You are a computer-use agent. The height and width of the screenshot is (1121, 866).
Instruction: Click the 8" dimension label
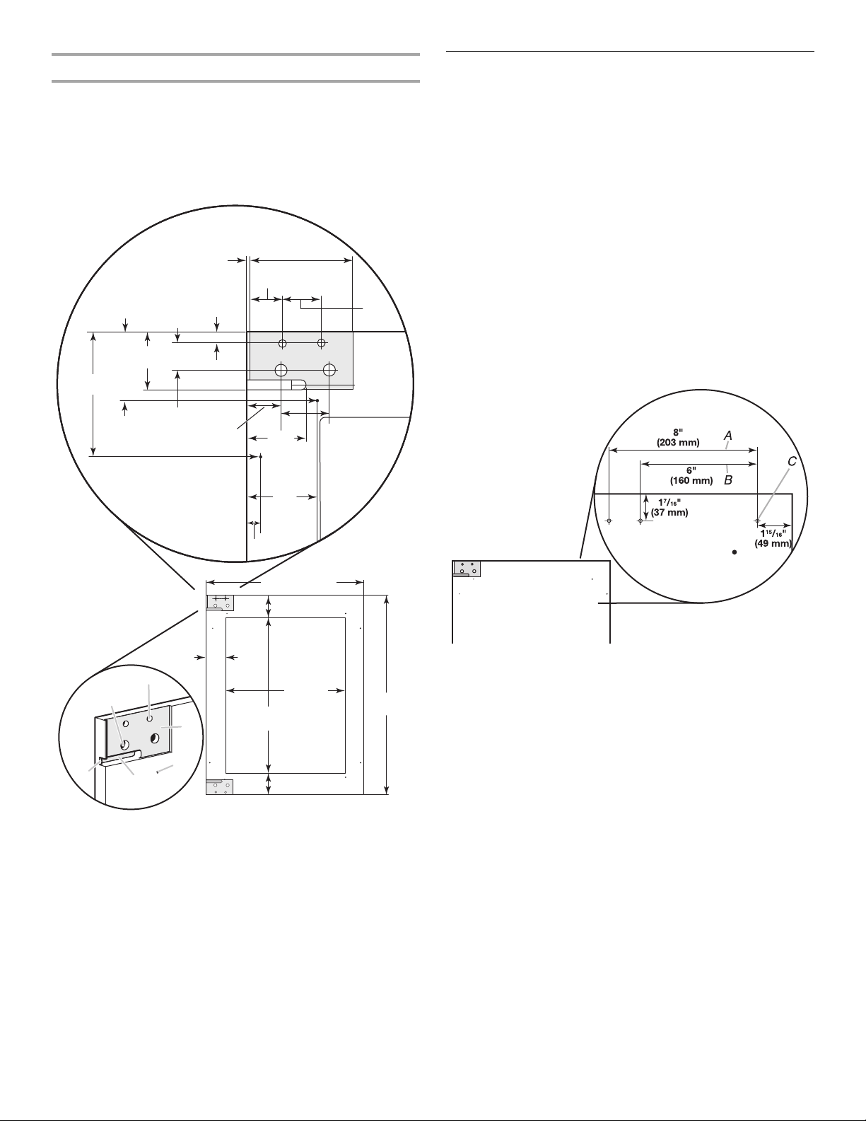click(x=678, y=432)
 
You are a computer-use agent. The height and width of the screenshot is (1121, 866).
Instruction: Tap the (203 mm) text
click(x=678, y=443)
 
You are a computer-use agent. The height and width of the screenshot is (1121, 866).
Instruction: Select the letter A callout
click(x=728, y=436)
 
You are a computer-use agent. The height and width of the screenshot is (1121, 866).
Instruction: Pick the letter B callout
click(x=728, y=480)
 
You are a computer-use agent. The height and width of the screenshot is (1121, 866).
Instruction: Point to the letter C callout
click(x=792, y=462)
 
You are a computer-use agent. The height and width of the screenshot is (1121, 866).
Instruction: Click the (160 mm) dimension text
click(x=691, y=481)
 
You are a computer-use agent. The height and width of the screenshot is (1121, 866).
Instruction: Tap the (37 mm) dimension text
click(x=669, y=513)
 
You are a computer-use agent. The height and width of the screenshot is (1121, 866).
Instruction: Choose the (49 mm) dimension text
click(x=773, y=543)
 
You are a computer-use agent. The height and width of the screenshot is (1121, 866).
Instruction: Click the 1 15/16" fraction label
click(x=773, y=533)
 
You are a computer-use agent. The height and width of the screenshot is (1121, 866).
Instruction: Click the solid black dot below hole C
click(x=735, y=552)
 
